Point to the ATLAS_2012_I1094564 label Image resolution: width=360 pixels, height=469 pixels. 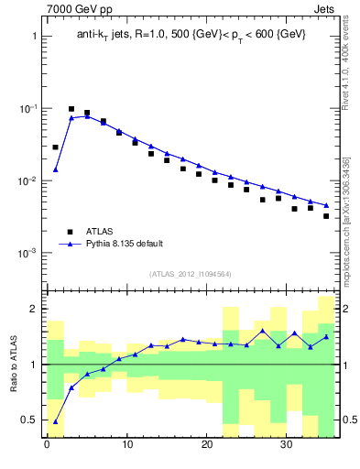[x=191, y=273]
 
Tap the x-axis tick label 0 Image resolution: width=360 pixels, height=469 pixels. [x=47, y=446]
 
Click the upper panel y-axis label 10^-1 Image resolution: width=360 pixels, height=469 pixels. [x=27, y=109]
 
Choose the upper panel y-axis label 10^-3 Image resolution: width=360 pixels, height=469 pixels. [x=27, y=253]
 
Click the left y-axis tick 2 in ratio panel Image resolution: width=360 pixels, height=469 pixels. [x=33, y=309]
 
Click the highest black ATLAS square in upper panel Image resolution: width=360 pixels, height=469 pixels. [x=71, y=109]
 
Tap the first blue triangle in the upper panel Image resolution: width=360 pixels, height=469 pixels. [x=55, y=169]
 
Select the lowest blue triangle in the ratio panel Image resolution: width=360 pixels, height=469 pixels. [x=55, y=421]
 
